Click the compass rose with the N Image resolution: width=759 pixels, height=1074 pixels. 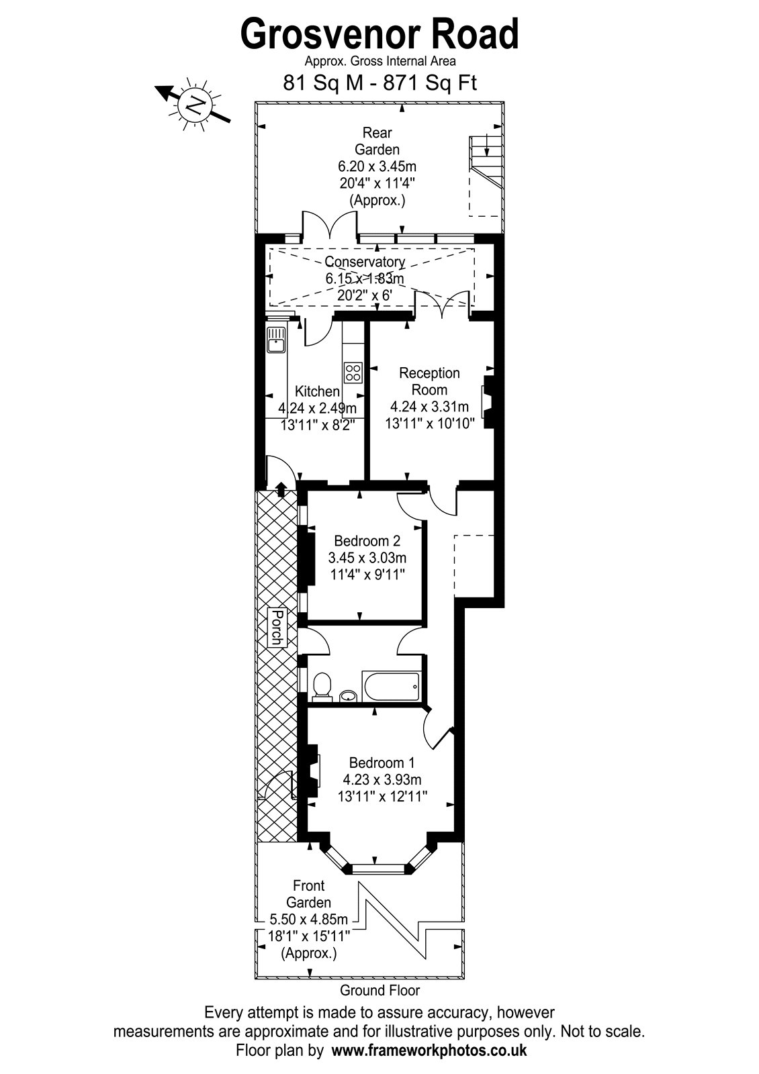pos(194,104)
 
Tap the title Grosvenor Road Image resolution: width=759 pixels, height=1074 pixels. pos(379,34)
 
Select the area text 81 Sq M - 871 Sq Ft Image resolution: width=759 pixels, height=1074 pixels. pos(379,83)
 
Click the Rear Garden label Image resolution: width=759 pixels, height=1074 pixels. pos(377,140)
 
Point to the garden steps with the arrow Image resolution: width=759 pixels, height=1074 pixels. pos(486,164)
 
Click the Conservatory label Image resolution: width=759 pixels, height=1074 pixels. pos(365,262)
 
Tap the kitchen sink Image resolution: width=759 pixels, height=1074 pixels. pos(276,340)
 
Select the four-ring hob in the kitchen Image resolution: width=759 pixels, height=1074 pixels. pos(353,373)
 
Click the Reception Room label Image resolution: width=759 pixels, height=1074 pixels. pos(429,381)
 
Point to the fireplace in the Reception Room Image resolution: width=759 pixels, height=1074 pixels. pos(488,401)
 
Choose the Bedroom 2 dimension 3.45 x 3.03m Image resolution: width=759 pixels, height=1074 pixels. pos(367,558)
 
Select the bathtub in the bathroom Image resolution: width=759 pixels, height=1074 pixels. pos(392,686)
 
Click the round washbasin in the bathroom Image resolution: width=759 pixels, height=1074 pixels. pos(348,695)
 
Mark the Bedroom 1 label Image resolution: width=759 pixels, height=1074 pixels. pos(382,763)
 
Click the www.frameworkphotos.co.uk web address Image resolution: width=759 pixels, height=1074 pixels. pos(429,1051)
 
